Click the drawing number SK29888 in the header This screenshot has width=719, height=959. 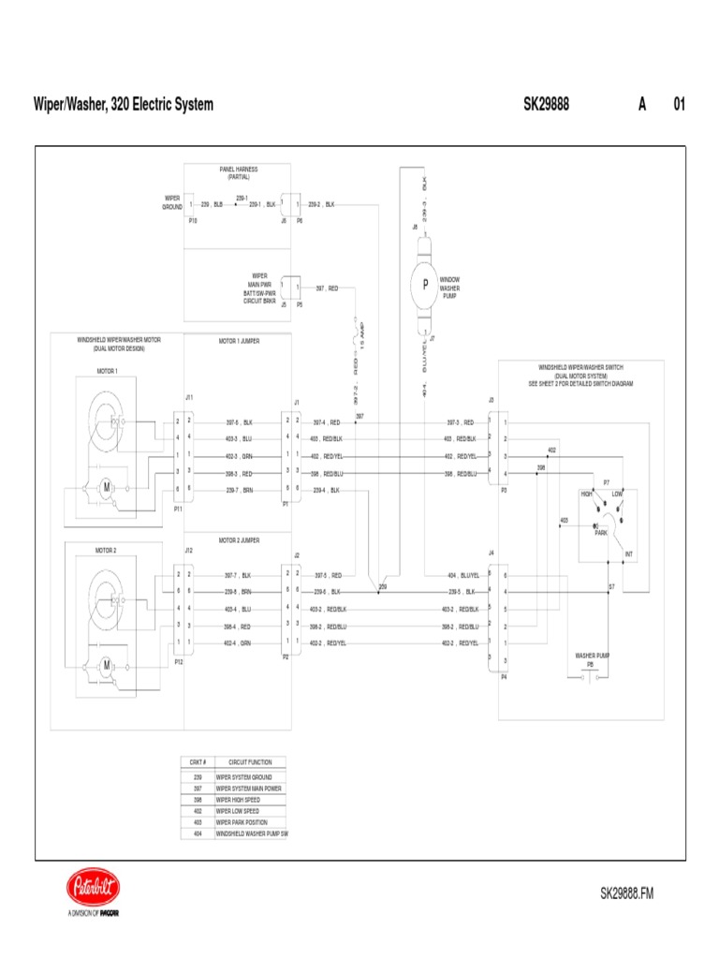click(546, 104)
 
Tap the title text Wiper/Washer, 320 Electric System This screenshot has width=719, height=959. click(123, 104)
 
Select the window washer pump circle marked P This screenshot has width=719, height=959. click(424, 284)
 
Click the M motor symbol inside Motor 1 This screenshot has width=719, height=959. click(107, 486)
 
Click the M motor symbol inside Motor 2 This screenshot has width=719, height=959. click(107, 664)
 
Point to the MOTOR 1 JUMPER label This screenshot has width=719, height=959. click(239, 341)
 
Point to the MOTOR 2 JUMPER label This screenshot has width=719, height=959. click(239, 540)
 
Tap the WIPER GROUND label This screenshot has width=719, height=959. click(172, 202)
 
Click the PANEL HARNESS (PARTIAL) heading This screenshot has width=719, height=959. click(239, 172)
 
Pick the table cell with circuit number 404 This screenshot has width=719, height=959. click(198, 833)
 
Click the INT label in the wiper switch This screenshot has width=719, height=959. click(629, 554)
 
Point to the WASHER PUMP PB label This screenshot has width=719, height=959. click(592, 659)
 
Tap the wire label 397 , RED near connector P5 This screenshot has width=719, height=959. click(327, 288)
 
